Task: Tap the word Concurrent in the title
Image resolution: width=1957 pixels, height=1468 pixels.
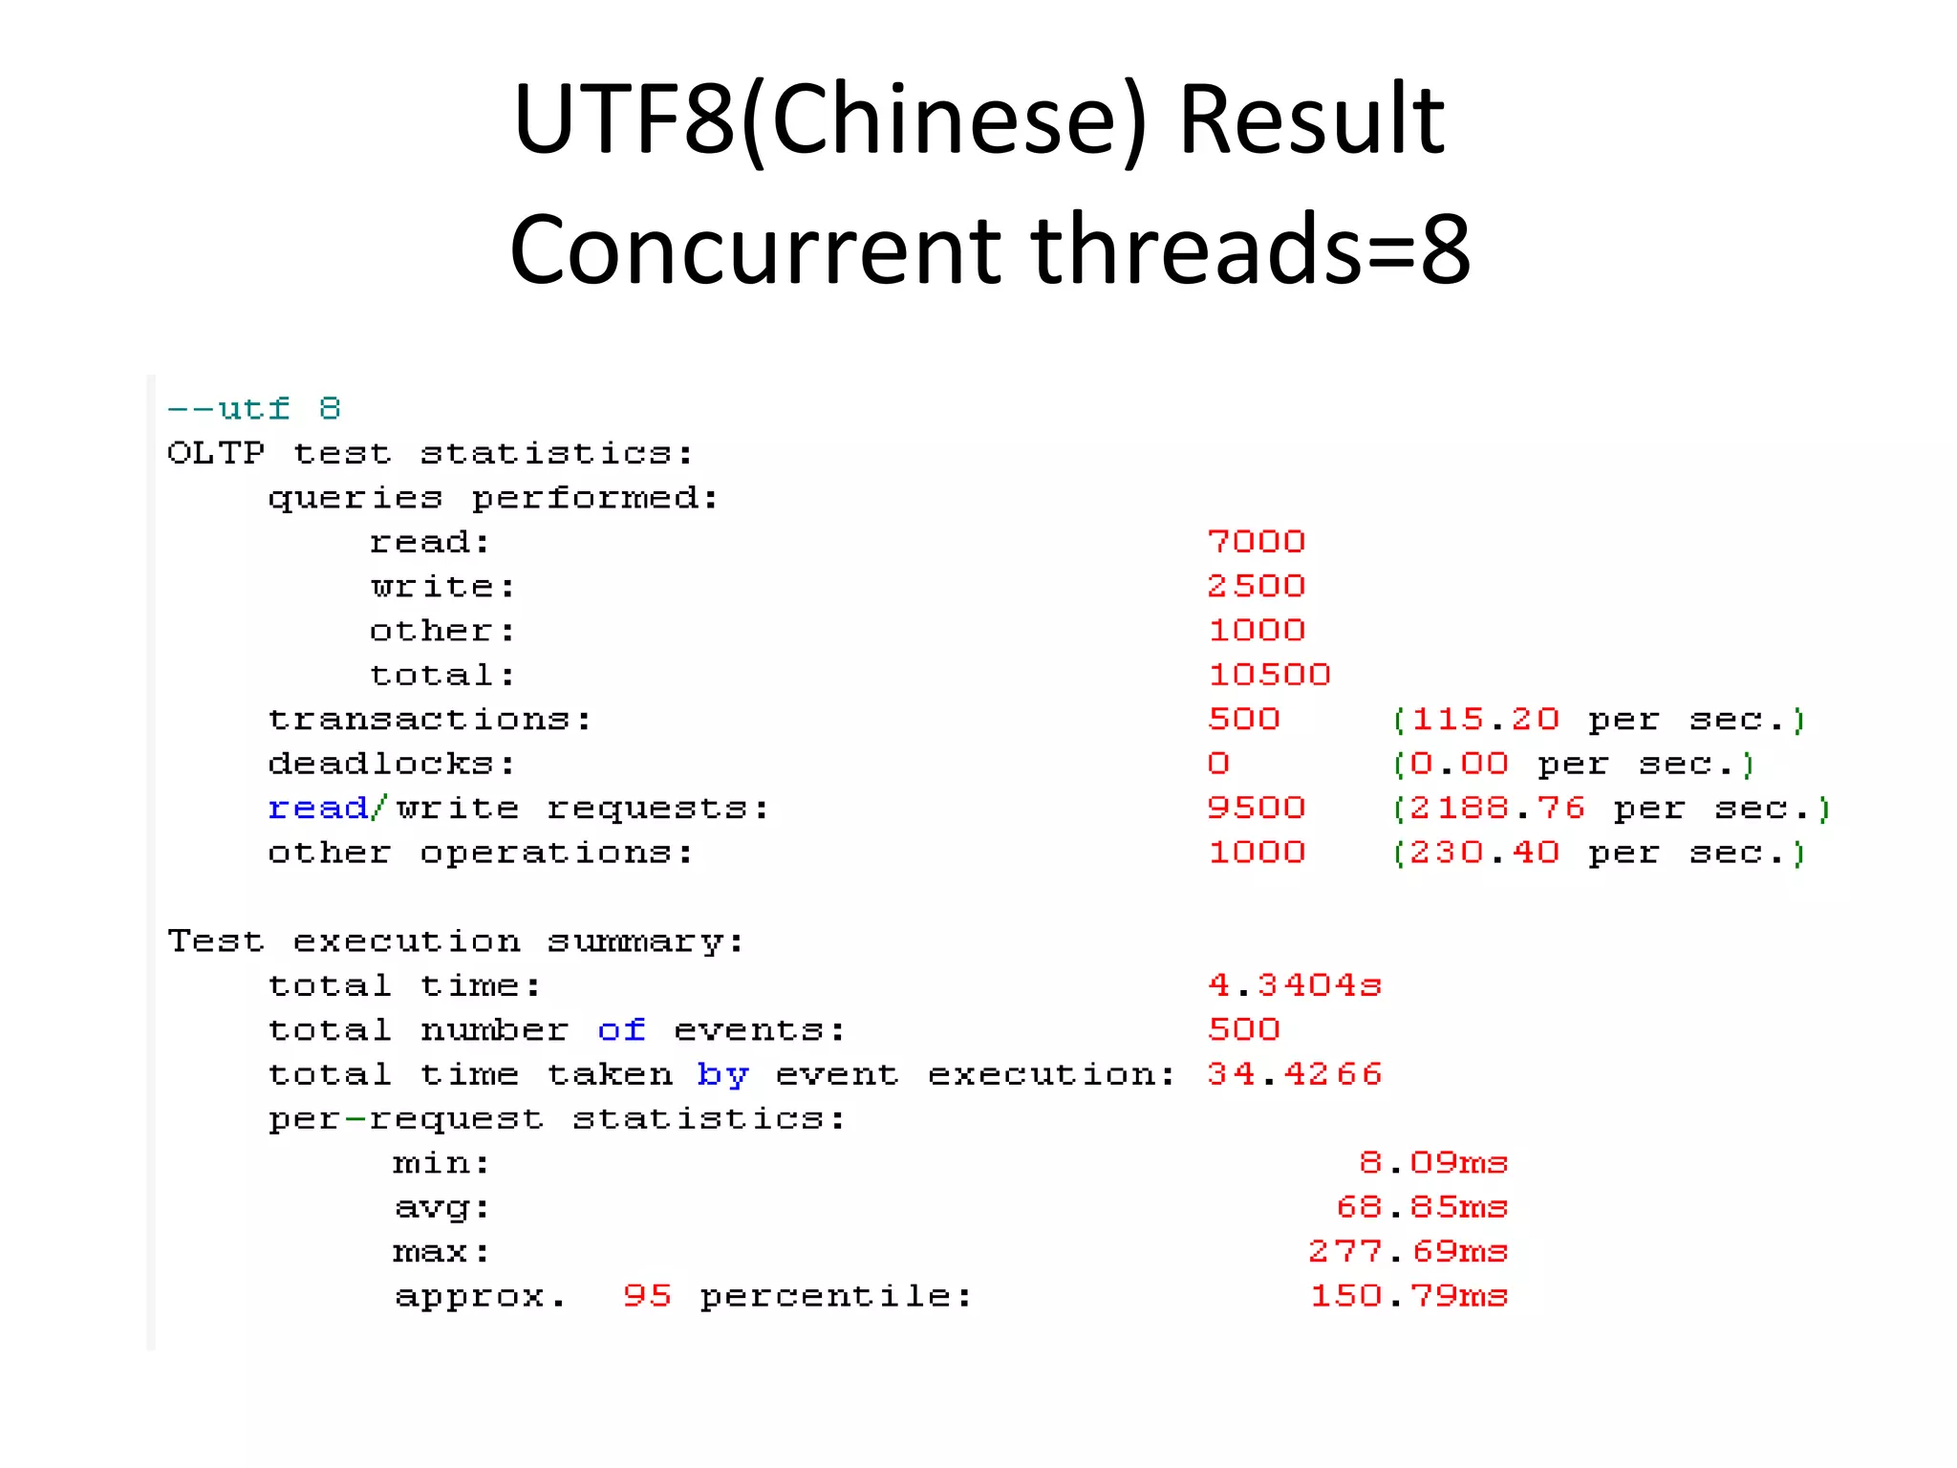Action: pos(754,249)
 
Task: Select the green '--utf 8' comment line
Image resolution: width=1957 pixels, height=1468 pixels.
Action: pos(254,409)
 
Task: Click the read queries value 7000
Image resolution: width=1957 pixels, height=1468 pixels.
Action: pos(1256,542)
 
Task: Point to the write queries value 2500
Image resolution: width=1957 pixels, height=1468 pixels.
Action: pos(1256,586)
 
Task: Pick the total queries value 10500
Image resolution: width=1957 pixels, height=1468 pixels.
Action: pos(1269,675)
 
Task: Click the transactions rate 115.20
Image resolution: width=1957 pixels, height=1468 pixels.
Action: pos(1485,719)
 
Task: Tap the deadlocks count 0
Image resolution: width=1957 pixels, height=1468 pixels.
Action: pos(1218,764)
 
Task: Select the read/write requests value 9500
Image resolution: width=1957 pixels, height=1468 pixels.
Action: pos(1256,808)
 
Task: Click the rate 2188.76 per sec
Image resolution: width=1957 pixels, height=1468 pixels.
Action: pos(1497,809)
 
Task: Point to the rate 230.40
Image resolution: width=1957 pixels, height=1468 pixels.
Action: pos(1485,852)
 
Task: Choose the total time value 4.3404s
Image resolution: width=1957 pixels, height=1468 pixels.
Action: pos(1294,984)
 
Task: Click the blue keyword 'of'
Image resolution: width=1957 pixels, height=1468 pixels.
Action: pos(621,1029)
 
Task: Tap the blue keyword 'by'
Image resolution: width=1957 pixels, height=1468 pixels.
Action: pos(722,1074)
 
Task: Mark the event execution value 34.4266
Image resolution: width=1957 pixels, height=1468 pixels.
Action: pos(1294,1074)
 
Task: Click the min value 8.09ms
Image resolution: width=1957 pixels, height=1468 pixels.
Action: pos(1433,1162)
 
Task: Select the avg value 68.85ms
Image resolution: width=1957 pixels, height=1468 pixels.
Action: pos(1422,1207)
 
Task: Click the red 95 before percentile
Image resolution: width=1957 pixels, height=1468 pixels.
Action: pos(647,1295)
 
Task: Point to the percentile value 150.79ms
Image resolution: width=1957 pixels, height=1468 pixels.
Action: pos(1409,1296)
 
